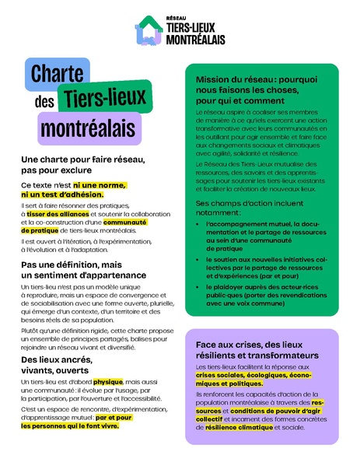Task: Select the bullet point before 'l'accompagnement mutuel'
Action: tap(200, 224)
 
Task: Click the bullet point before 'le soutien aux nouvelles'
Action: tap(200, 260)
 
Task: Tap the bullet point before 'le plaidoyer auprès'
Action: tap(200, 287)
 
